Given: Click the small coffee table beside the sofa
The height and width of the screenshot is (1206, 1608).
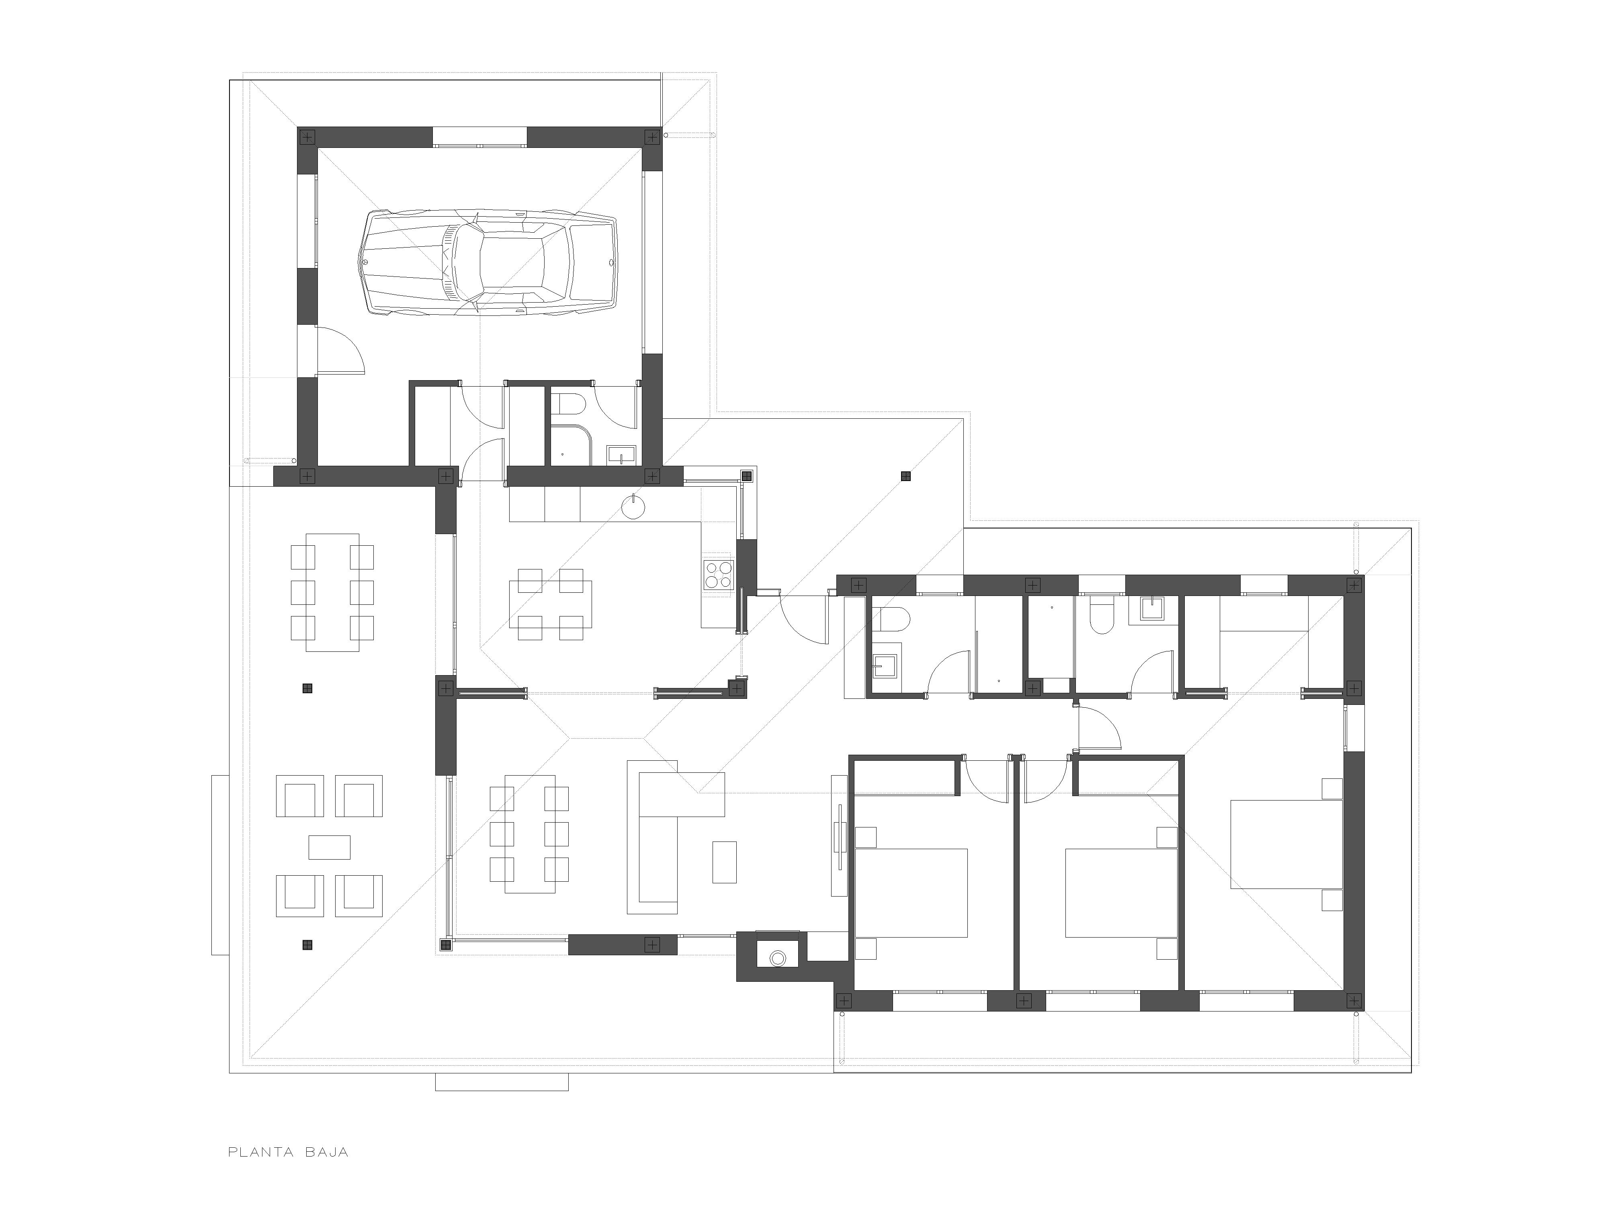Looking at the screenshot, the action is coord(724,862).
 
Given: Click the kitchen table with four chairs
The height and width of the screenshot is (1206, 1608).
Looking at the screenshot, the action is coord(550,604).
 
